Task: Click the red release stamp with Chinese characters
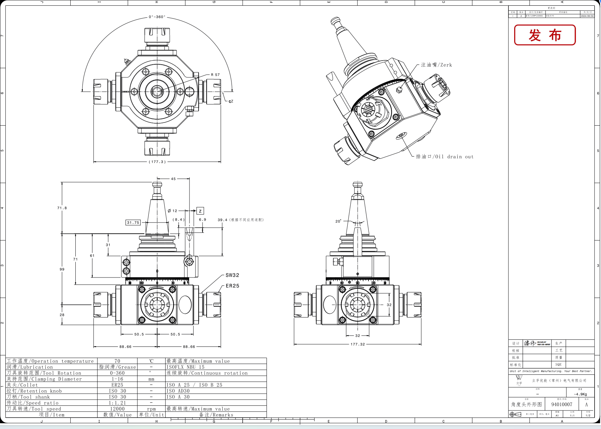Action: point(545,35)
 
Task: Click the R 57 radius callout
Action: point(215,75)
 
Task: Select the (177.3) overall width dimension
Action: point(157,162)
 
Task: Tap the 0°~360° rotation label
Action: point(157,17)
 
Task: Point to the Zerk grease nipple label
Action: point(436,65)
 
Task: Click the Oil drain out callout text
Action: point(445,157)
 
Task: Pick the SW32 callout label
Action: point(232,275)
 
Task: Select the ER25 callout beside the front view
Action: point(232,286)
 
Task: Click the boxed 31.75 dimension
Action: point(133,223)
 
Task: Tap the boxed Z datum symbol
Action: point(200,211)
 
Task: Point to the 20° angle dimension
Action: point(338,221)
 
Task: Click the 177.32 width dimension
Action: point(357,344)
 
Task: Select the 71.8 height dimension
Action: point(62,208)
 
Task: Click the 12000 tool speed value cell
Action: point(117,409)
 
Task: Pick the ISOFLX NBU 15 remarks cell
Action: point(185,367)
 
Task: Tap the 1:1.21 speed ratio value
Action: point(117,403)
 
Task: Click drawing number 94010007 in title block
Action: point(562,404)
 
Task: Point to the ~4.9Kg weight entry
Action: point(580,394)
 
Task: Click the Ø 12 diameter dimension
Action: point(172,211)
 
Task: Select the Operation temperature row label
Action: point(50,361)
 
